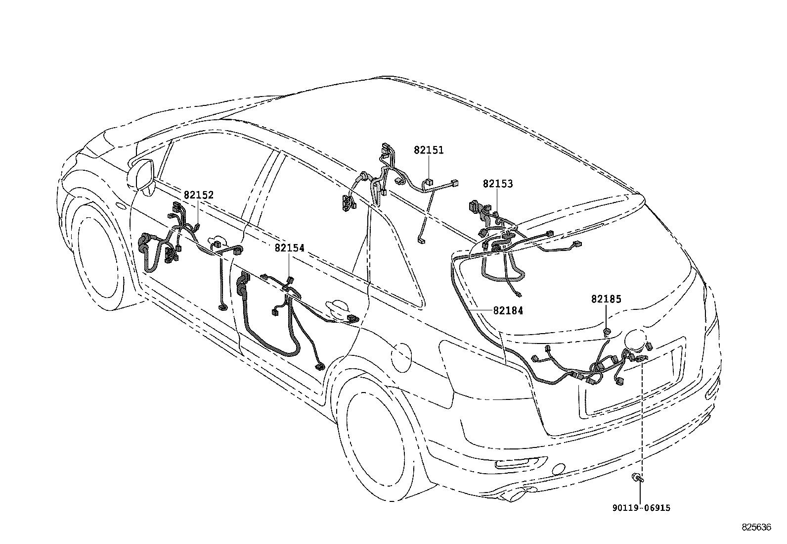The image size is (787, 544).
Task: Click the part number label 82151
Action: click(x=429, y=150)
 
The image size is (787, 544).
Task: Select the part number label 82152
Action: click(x=199, y=195)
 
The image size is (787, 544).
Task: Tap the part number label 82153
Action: click(x=498, y=184)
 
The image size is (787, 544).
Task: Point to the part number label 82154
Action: click(x=290, y=248)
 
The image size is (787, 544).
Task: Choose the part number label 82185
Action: click(x=606, y=299)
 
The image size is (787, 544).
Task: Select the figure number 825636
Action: click(x=756, y=528)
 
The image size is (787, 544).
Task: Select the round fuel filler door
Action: click(x=400, y=356)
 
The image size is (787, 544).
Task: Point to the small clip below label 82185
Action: click(x=607, y=331)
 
